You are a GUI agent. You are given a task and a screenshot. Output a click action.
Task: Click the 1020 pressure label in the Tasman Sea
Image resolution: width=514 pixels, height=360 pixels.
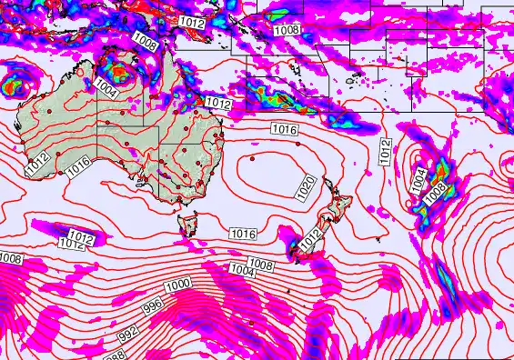307,188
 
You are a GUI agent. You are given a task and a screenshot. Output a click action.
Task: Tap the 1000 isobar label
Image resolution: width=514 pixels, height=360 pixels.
178,285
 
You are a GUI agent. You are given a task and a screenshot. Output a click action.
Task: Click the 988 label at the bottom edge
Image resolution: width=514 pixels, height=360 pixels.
116,355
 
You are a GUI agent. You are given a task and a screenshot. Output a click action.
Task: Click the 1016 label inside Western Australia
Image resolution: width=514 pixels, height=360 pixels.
78,165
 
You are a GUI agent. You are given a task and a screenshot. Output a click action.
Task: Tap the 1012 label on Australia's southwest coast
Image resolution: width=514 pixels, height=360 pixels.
37,165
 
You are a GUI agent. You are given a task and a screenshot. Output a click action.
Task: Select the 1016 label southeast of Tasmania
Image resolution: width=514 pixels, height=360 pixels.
242,235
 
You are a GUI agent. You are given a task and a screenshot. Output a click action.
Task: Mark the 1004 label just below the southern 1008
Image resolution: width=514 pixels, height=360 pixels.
241,271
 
